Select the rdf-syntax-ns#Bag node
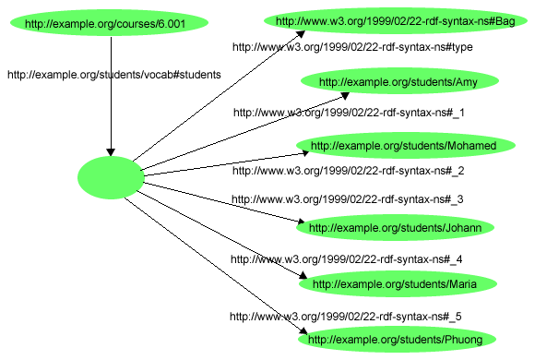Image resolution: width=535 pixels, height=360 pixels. [x=396, y=20]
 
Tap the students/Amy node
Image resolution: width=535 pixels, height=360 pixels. [x=398, y=82]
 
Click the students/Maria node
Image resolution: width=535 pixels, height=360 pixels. [x=394, y=284]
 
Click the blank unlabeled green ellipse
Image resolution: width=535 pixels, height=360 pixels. [x=111, y=177]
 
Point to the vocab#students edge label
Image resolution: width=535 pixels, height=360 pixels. [x=113, y=75]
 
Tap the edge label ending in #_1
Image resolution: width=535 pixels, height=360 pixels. [x=348, y=113]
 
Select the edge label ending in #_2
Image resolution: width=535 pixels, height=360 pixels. [x=348, y=171]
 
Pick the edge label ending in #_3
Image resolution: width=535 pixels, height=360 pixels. [x=347, y=198]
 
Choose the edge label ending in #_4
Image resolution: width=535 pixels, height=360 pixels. [x=347, y=259]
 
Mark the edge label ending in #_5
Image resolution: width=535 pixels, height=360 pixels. [x=345, y=317]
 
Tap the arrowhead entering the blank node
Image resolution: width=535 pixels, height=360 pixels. [x=111, y=151]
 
